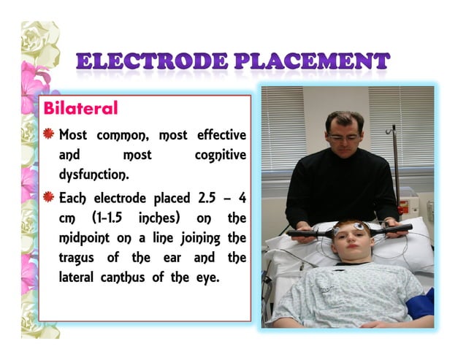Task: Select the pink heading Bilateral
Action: [80, 110]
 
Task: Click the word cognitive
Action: [220, 156]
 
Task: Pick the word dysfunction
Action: [93, 175]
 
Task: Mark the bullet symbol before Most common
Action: [49, 135]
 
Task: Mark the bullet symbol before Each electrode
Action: [49, 198]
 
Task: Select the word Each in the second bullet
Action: [73, 199]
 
